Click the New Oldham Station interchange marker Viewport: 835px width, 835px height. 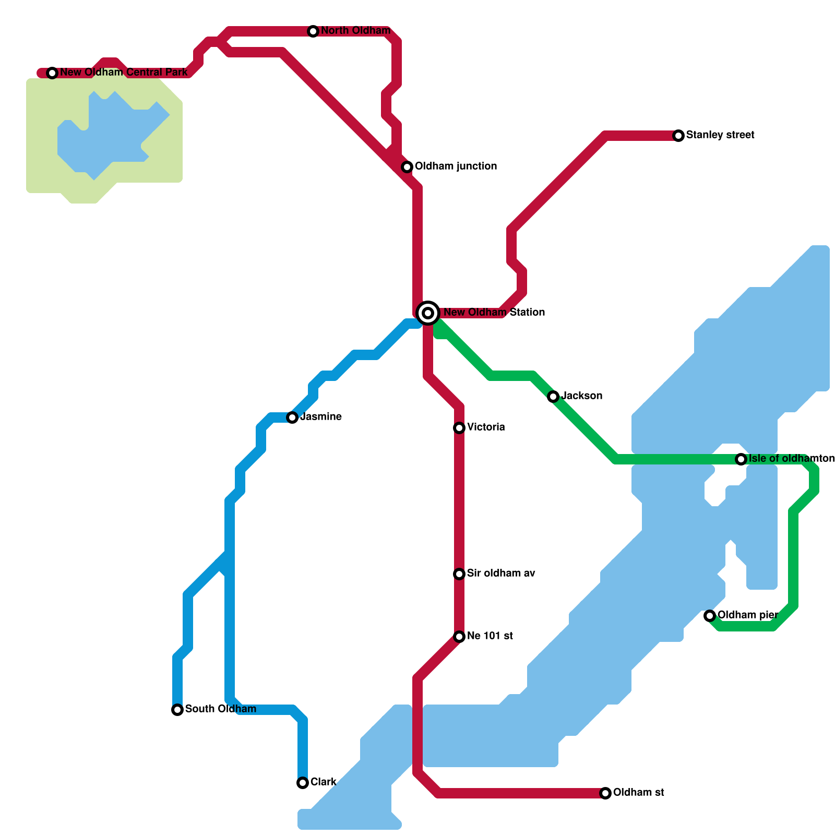pyautogui.click(x=428, y=313)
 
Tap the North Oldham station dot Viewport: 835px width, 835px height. pyautogui.click(x=313, y=31)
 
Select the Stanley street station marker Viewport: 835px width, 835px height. pyautogui.click(x=678, y=136)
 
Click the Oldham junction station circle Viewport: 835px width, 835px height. pyautogui.click(x=407, y=167)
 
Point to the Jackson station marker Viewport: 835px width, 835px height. pyautogui.click(x=553, y=397)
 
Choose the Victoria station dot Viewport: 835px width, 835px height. pyautogui.click(x=459, y=428)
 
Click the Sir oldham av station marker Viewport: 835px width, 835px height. pyautogui.click(x=459, y=574)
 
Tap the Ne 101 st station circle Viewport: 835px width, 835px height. pyautogui.click(x=459, y=637)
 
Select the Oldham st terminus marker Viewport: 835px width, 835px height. pyautogui.click(x=605, y=793)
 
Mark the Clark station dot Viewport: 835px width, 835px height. pyautogui.click(x=303, y=783)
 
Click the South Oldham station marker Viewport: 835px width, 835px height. pyautogui.click(x=177, y=710)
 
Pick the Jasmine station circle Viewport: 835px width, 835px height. pyautogui.click(x=292, y=417)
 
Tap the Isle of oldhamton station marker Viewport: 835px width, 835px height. pyautogui.click(x=741, y=459)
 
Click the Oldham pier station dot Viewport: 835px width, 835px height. pyautogui.click(x=710, y=616)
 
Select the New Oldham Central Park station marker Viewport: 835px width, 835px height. pyautogui.click(x=52, y=73)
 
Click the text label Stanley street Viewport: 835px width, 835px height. pyautogui.click(x=720, y=135)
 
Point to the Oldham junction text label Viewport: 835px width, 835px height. pyautogui.click(x=456, y=166)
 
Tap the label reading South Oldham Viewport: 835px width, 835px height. pyautogui.click(x=220, y=709)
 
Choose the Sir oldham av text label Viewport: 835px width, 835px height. pyautogui.click(x=501, y=574)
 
